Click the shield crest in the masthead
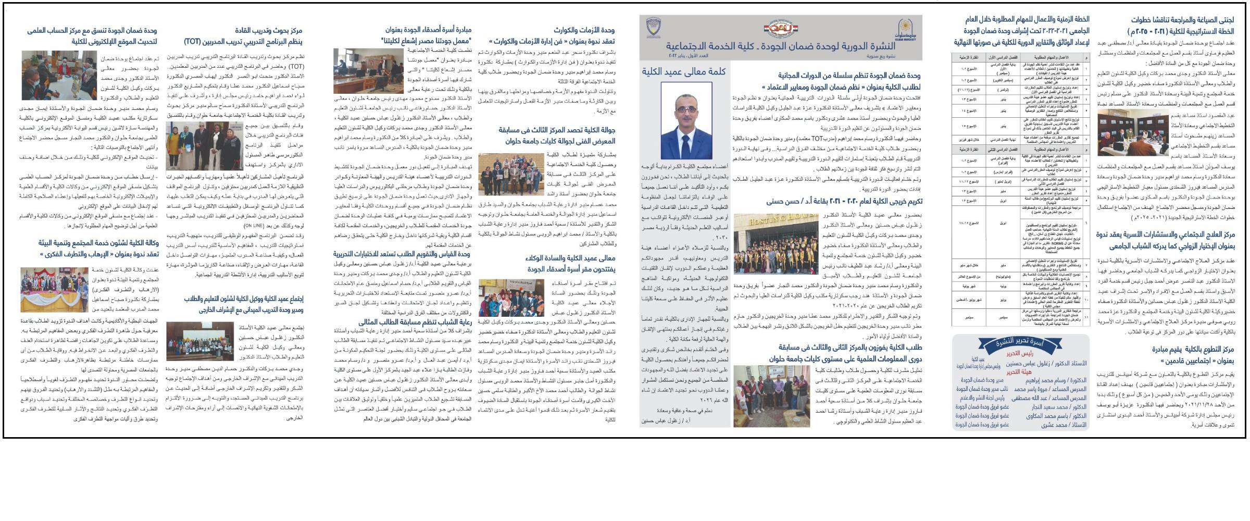[x=653, y=28]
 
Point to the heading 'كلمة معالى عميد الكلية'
[x=683, y=71]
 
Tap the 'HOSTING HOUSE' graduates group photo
[x=776, y=243]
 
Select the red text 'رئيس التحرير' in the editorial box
[x=1019, y=354]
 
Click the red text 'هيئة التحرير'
[x=1019, y=372]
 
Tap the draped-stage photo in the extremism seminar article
[x=54, y=290]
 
